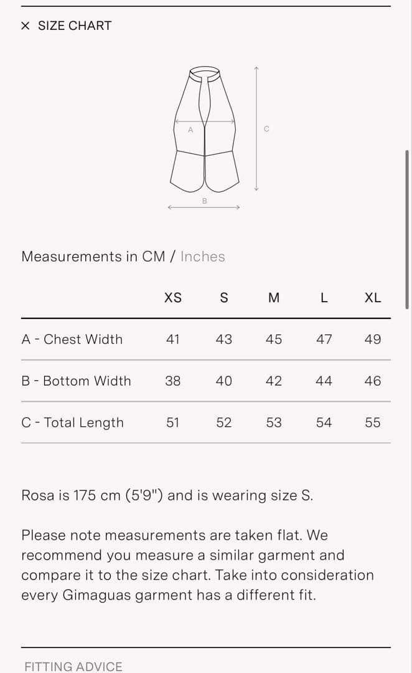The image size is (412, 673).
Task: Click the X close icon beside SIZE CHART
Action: (26, 26)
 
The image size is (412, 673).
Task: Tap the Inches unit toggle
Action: (202, 256)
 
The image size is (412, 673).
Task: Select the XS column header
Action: (173, 297)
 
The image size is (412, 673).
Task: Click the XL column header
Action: (373, 297)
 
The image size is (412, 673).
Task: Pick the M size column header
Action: (273, 297)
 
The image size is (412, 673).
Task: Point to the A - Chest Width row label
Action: (72, 339)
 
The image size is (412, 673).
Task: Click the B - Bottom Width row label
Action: (77, 381)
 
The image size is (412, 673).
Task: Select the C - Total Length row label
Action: (72, 422)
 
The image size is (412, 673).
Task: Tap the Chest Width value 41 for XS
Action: (173, 339)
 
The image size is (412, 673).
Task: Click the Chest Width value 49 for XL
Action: (373, 339)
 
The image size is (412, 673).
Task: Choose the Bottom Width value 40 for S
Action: (224, 381)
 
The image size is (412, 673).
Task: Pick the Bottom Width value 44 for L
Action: (324, 381)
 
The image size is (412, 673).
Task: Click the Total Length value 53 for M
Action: (273, 422)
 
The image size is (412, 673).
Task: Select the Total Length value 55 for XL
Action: (373, 422)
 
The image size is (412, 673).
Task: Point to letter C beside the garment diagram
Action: (266, 129)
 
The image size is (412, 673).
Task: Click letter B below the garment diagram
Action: (205, 201)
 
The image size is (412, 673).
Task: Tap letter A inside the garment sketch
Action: (190, 130)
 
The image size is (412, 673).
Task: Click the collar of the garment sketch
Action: (205, 72)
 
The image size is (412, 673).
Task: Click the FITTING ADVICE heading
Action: (73, 667)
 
